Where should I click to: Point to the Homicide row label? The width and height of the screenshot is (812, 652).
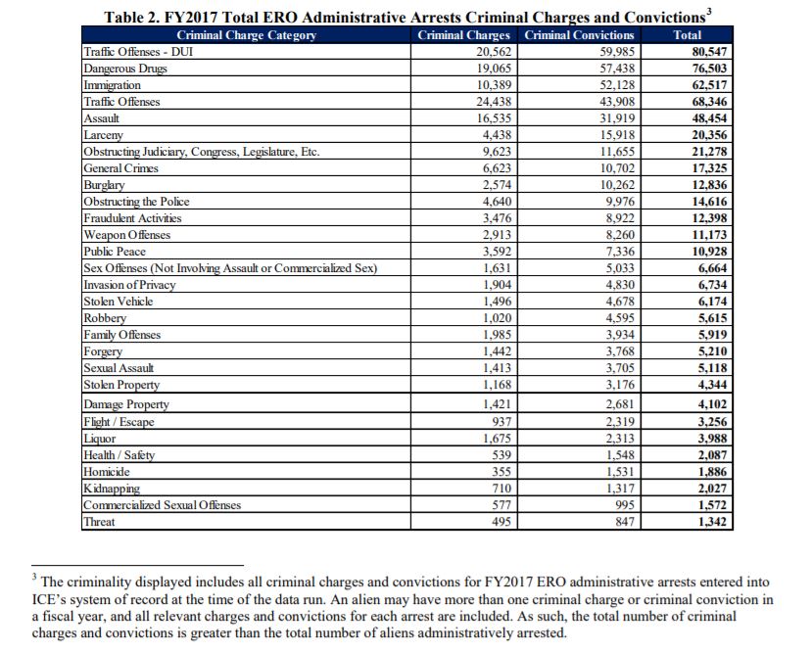108,471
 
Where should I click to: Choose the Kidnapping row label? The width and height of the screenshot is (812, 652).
112,488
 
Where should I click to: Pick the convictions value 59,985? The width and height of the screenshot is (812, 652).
618,52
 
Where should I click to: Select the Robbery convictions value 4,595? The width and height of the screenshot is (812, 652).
622,318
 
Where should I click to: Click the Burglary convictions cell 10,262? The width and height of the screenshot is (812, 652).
618,185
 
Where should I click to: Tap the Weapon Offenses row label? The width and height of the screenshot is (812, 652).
127,235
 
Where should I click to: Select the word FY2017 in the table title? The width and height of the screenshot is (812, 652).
197,17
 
